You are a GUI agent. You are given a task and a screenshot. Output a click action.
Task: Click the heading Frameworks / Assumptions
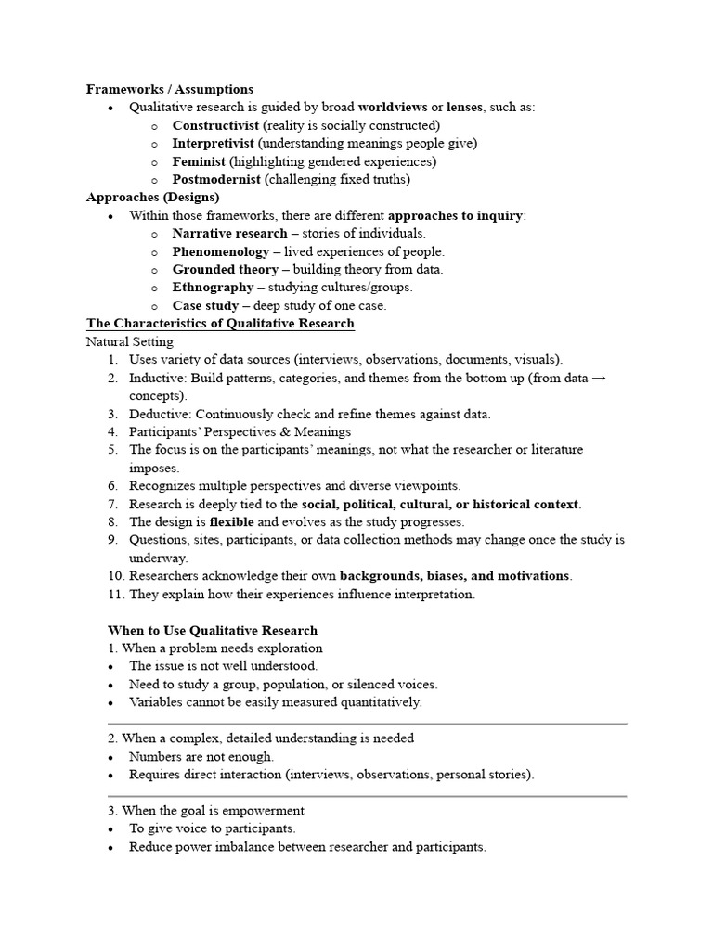[170, 89]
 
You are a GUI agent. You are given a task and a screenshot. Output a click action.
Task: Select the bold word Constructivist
[215, 125]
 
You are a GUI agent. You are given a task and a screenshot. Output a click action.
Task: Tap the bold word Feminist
[199, 161]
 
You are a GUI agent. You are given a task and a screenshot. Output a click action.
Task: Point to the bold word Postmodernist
[216, 179]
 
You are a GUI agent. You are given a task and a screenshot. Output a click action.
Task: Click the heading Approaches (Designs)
[153, 198]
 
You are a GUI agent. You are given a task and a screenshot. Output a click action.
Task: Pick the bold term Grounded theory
[226, 269]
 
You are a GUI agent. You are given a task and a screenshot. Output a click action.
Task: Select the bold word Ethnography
[213, 288]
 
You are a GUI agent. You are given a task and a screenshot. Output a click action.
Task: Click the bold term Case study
[205, 305]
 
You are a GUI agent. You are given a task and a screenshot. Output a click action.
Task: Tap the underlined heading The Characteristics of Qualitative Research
[220, 324]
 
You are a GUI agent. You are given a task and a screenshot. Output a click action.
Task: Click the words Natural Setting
[129, 341]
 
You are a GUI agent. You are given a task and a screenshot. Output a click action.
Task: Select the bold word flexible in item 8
[230, 522]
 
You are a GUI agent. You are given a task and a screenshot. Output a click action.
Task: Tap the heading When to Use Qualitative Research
[213, 630]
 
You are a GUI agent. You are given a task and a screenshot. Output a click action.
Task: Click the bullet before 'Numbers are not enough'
[111, 757]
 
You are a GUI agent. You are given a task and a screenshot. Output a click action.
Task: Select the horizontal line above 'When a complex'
[368, 723]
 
